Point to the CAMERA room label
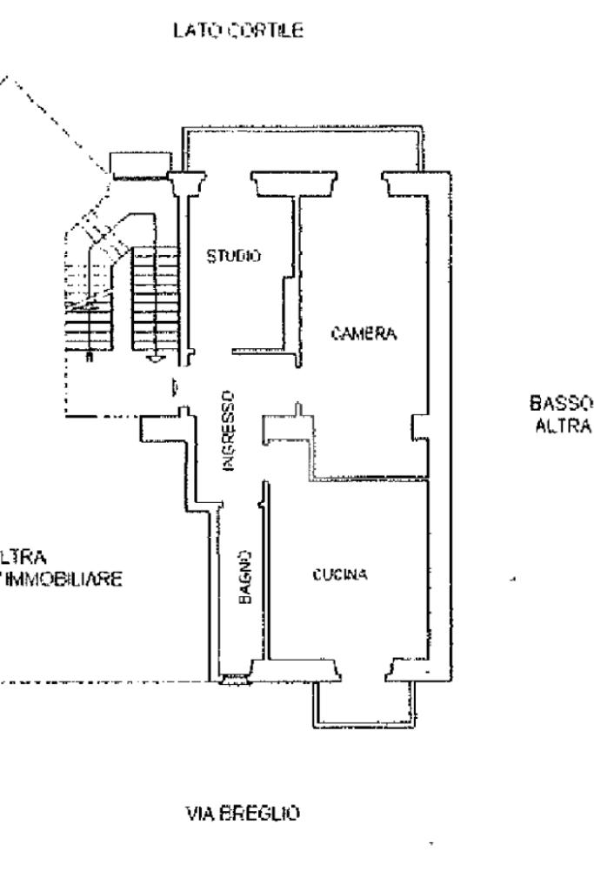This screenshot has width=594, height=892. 364,334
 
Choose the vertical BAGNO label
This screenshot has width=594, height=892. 246,577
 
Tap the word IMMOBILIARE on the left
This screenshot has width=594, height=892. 61,578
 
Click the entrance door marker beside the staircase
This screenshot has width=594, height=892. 176,385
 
